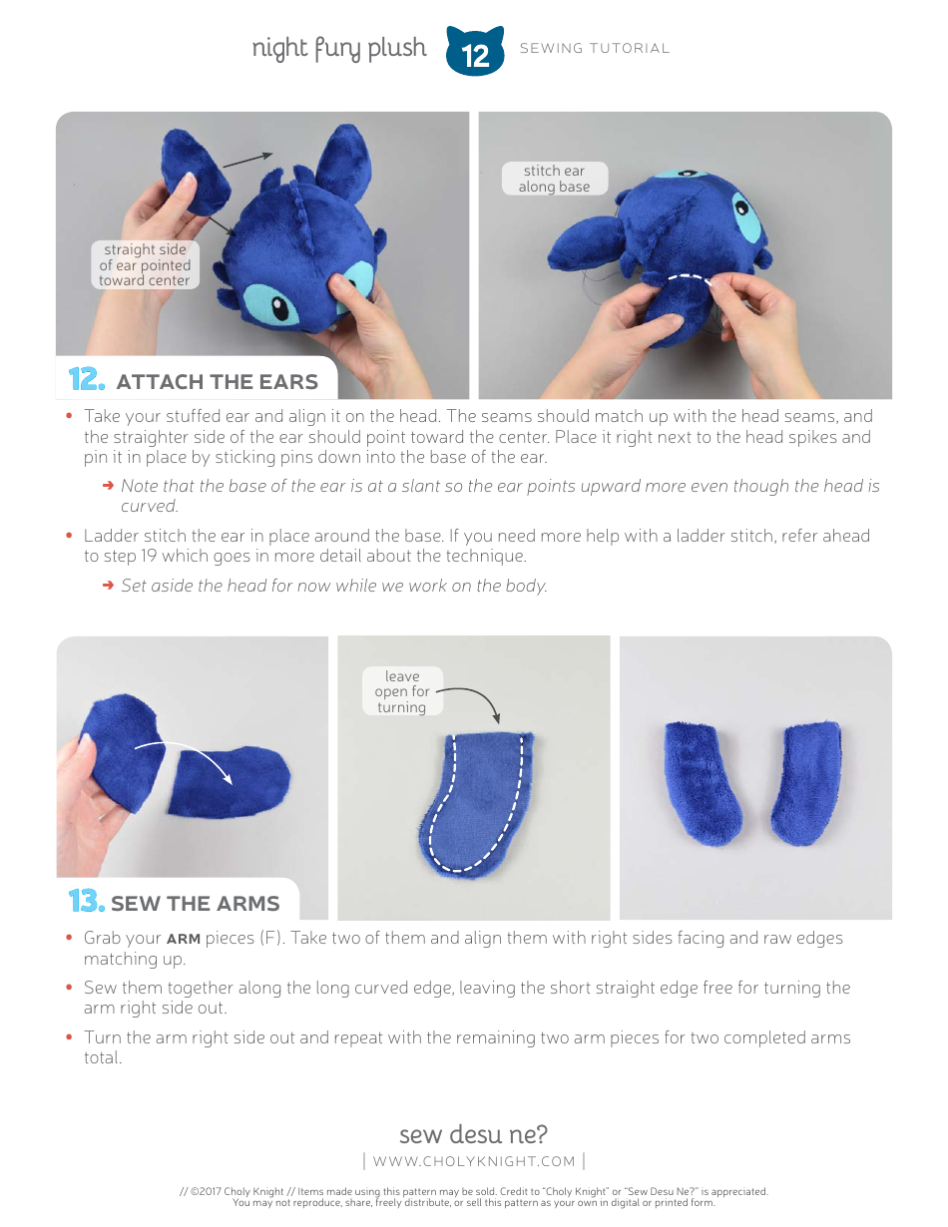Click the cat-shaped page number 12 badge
475,52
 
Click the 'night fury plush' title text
338,49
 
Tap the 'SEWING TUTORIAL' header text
595,48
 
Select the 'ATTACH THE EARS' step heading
217,382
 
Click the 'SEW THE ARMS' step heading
195,904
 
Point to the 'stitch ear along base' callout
554,179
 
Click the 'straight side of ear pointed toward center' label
145,264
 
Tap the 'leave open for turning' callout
401,691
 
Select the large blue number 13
86,903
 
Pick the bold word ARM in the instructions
183,939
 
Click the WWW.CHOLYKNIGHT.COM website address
474,1161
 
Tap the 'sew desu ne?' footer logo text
473,1134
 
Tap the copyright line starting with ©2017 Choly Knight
474,1190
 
